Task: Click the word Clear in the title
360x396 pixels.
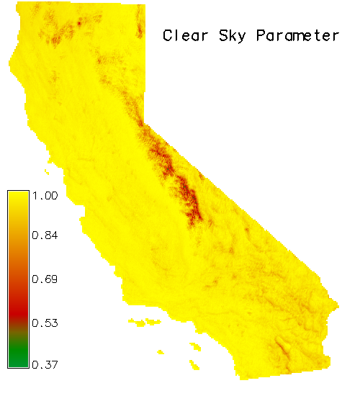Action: (x=186, y=35)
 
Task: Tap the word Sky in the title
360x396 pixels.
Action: (x=233, y=36)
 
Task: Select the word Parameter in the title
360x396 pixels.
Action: (x=297, y=35)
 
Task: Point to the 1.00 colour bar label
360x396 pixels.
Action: (x=45, y=195)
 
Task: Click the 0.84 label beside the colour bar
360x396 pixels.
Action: (x=45, y=235)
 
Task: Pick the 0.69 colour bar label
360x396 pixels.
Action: (x=45, y=279)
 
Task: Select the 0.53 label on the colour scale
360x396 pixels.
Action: (x=45, y=323)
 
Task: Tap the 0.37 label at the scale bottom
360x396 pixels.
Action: (x=45, y=365)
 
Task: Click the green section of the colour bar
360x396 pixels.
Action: (x=18, y=354)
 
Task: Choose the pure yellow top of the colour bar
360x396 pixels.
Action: (x=18, y=197)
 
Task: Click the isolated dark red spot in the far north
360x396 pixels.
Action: (x=79, y=24)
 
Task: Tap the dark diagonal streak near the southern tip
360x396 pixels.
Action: (x=282, y=346)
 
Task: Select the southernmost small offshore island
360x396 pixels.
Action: (x=194, y=365)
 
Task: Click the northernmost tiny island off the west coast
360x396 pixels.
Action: (x=47, y=172)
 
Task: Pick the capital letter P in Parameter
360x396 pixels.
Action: (x=261, y=35)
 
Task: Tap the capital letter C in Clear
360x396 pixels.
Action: (x=168, y=35)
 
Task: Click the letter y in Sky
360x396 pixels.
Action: (x=241, y=38)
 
